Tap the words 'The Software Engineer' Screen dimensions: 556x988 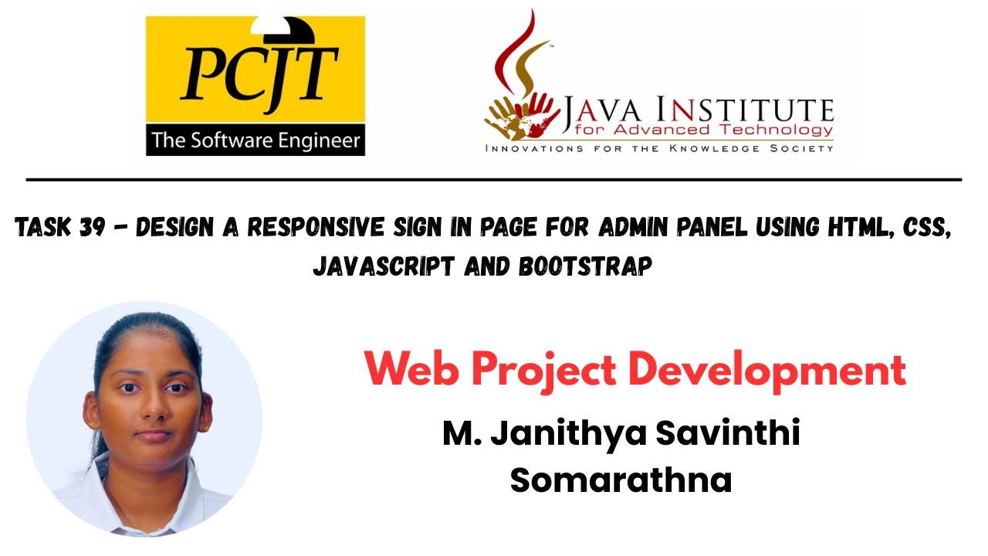tap(255, 141)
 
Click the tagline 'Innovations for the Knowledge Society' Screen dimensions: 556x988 tap(658, 147)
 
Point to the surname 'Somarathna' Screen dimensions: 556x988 tap(621, 480)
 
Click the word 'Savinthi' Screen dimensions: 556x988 tap(728, 433)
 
